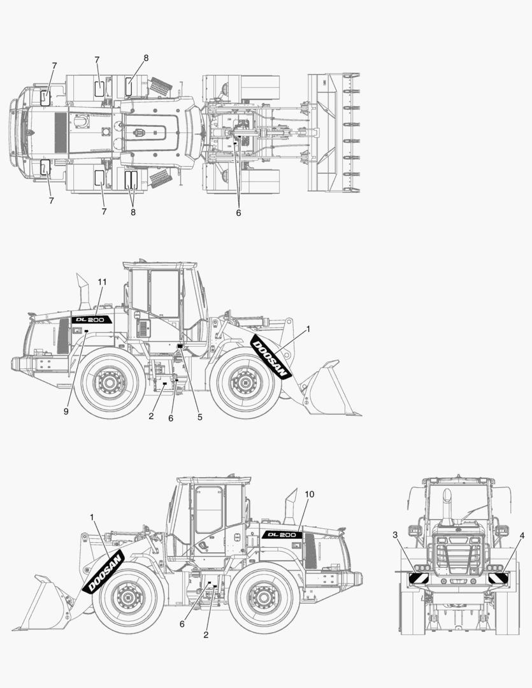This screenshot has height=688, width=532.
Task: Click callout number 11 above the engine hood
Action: click(x=102, y=282)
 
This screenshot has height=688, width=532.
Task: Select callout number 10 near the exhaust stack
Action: click(x=310, y=494)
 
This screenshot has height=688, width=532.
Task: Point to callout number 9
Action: click(x=66, y=412)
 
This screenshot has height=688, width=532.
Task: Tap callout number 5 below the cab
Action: click(x=199, y=417)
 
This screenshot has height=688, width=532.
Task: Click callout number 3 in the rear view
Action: click(x=396, y=536)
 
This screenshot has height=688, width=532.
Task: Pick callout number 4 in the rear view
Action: click(x=522, y=536)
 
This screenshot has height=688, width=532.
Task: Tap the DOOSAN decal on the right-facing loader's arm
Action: click(x=271, y=357)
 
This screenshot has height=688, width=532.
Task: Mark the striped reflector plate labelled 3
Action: click(x=419, y=578)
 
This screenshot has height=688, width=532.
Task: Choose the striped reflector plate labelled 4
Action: click(x=498, y=578)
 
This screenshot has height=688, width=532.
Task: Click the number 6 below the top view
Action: click(x=238, y=213)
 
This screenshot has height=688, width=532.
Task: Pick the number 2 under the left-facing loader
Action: click(x=206, y=634)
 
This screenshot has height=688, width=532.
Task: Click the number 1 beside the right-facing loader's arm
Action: click(x=308, y=329)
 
